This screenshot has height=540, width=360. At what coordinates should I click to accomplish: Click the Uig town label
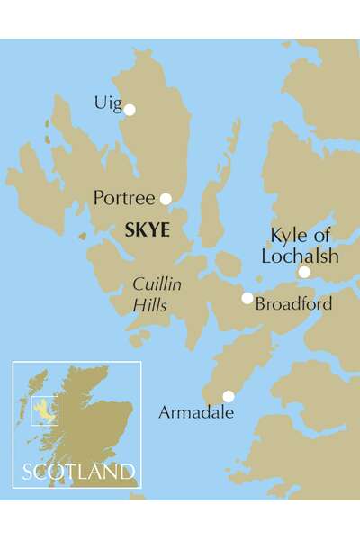[106, 104]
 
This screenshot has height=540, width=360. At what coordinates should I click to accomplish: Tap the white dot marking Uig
[130, 110]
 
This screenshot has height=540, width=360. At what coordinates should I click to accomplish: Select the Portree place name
[125, 196]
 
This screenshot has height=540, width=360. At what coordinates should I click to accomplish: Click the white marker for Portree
[166, 199]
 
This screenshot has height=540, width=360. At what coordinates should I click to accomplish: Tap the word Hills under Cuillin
[150, 305]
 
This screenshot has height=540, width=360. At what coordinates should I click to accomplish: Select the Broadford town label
[293, 304]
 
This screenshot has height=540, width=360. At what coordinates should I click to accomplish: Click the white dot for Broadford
[247, 298]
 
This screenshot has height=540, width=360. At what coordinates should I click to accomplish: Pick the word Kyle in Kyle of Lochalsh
[287, 237]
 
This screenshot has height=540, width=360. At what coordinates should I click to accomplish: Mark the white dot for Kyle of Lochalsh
[304, 272]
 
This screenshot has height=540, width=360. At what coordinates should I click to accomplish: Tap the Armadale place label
[195, 413]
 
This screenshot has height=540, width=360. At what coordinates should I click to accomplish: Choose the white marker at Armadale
[229, 396]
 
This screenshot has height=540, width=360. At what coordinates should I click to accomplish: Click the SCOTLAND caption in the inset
[79, 472]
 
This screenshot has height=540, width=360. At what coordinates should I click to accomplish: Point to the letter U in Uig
[99, 103]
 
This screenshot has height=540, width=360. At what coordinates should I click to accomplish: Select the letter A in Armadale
[165, 413]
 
